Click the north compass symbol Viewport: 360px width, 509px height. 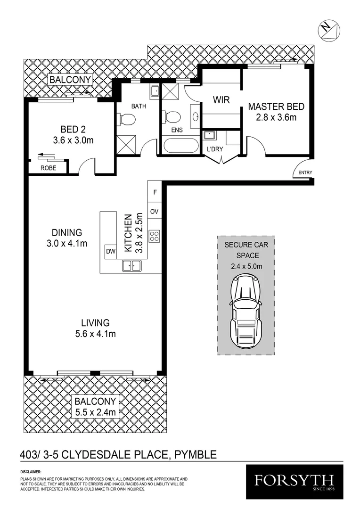[327, 28]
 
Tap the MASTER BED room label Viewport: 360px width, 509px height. [276, 107]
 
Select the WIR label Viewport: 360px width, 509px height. [221, 100]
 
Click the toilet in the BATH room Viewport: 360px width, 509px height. [126, 120]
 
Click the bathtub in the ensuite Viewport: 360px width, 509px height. [180, 145]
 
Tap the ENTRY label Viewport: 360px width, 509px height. [305, 173]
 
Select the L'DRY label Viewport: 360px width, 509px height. [214, 149]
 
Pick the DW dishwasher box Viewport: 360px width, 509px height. [111, 251]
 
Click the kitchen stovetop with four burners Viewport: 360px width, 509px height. [154, 236]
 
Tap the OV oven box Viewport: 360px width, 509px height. [154, 212]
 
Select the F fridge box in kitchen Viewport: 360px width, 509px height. [154, 192]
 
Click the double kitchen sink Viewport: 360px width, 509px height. [132, 266]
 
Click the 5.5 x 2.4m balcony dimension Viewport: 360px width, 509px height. [96, 413]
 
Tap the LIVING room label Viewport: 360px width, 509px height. [95, 323]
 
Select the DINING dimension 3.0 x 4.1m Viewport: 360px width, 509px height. [67, 243]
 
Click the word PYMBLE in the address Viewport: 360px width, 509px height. [196, 455]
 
